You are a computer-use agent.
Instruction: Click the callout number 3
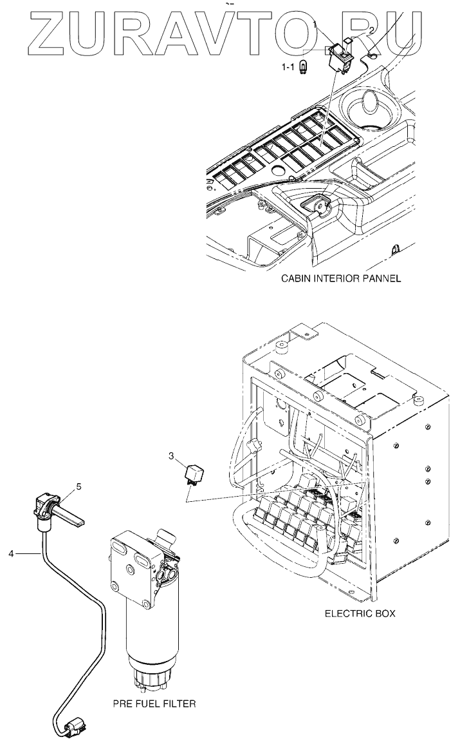(172, 457)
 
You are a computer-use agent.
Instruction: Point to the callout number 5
(78, 487)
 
